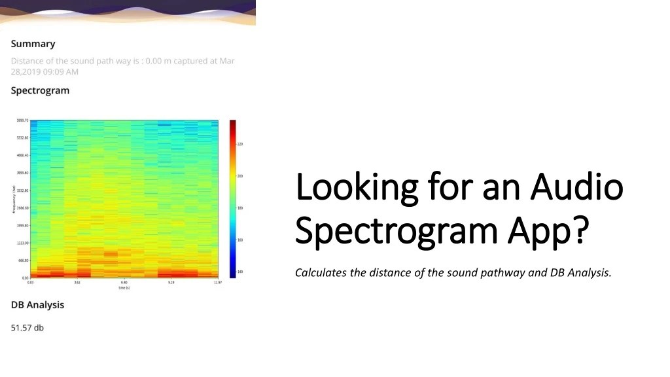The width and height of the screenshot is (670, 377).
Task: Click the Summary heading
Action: pyautogui.click(x=33, y=44)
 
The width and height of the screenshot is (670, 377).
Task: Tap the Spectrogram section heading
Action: pyautogui.click(x=40, y=90)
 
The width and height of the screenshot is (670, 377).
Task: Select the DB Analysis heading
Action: pyautogui.click(x=37, y=305)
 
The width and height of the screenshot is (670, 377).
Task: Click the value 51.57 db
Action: pyautogui.click(x=27, y=327)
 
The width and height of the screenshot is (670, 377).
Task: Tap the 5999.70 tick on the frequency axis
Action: pyautogui.click(x=22, y=120)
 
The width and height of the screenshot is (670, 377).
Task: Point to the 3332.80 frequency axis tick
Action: pyautogui.click(x=22, y=190)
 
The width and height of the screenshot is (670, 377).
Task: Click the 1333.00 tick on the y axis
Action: pyautogui.click(x=22, y=243)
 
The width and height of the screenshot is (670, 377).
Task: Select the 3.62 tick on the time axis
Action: pyautogui.click(x=77, y=283)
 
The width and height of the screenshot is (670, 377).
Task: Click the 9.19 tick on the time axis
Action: pyautogui.click(x=171, y=283)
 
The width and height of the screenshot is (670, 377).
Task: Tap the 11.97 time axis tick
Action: pyautogui.click(x=217, y=283)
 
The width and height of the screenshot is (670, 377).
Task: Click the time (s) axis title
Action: pyautogui.click(x=124, y=287)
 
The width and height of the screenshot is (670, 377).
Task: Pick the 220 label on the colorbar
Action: pyautogui.click(x=240, y=144)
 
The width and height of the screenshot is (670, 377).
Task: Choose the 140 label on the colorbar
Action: pyautogui.click(x=240, y=271)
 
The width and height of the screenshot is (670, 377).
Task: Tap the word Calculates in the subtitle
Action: pyautogui.click(x=321, y=273)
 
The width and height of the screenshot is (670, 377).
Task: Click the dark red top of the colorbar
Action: pyautogui.click(x=232, y=123)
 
